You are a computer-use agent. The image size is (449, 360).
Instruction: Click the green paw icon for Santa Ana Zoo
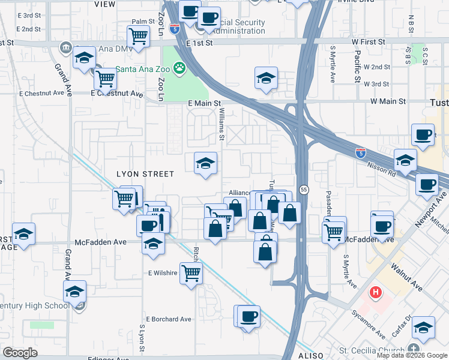pyautogui.click(x=179, y=68)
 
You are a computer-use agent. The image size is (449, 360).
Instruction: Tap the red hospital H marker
pyautogui.click(x=376, y=293)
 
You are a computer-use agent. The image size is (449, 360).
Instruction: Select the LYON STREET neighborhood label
pyautogui.click(x=145, y=174)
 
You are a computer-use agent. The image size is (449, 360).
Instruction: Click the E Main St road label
pyautogui.click(x=204, y=104)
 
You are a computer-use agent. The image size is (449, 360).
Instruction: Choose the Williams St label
pyautogui.click(x=221, y=129)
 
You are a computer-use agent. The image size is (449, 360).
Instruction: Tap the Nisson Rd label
pyautogui.click(x=383, y=170)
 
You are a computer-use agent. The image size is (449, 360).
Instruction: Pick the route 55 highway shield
pyautogui.click(x=304, y=190)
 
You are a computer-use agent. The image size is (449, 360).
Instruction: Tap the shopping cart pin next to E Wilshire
pyautogui.click(x=191, y=273)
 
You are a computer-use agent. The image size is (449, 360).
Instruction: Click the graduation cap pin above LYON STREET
pyautogui.click(x=205, y=163)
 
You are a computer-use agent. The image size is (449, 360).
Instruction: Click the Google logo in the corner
pyautogui.click(x=20, y=353)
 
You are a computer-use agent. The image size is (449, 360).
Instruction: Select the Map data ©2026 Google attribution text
pyautogui.click(x=412, y=355)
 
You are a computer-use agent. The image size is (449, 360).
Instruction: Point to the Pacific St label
pyautogui.click(x=357, y=66)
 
